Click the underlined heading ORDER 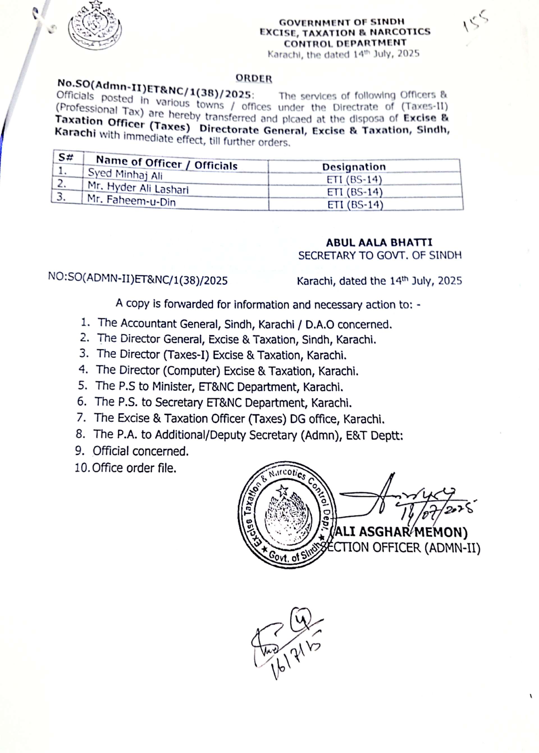click(x=254, y=78)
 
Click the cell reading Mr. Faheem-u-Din click(x=131, y=201)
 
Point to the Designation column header click(x=354, y=167)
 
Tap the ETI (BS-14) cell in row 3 click(x=355, y=205)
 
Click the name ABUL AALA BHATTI click(x=379, y=243)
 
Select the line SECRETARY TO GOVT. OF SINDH click(x=380, y=255)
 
